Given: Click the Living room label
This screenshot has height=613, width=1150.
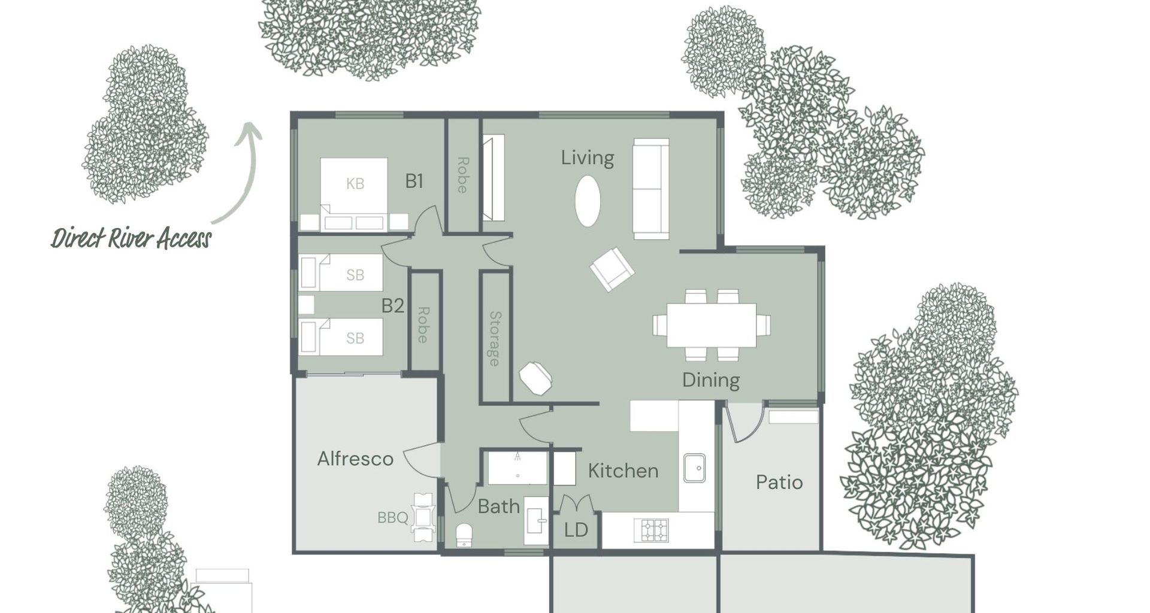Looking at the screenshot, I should (x=587, y=158).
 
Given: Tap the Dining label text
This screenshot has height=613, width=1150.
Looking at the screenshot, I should (x=710, y=380).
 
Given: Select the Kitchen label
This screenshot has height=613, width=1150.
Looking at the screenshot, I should (x=623, y=471).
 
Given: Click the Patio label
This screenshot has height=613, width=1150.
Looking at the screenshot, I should (x=779, y=482).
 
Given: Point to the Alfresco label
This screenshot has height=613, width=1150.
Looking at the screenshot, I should (x=355, y=459).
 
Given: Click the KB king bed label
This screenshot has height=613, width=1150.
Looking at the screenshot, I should (x=355, y=184).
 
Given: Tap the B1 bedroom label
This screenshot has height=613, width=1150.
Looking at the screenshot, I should (x=414, y=181).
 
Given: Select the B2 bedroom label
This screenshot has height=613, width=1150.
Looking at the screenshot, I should (x=393, y=306).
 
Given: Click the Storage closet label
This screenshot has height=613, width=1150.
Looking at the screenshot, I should (x=495, y=338).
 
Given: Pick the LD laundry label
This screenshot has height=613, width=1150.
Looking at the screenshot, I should (x=576, y=530).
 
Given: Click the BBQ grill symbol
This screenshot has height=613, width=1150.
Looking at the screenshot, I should (x=423, y=517).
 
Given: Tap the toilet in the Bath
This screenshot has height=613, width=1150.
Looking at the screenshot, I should (x=464, y=535).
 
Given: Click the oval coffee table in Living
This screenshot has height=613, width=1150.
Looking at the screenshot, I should (x=588, y=201).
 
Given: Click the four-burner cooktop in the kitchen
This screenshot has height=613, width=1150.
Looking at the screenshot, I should (x=654, y=530).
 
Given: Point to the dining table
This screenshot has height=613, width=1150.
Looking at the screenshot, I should (x=711, y=325).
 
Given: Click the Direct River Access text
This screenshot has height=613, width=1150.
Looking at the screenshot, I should (x=131, y=238).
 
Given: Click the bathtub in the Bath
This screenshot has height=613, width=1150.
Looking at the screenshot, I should (x=517, y=468).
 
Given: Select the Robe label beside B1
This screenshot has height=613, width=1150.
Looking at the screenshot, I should (x=462, y=175).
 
